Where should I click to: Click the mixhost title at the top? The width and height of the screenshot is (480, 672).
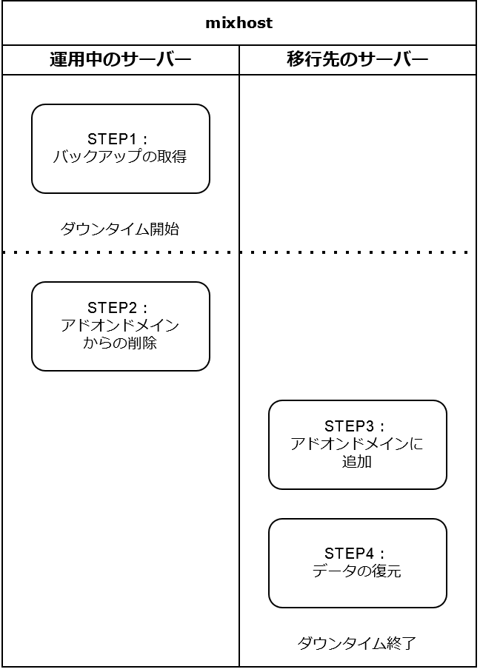pos(239,23)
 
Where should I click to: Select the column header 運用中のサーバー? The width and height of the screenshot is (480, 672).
pos(120,60)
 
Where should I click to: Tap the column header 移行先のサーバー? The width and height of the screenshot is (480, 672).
pos(357,60)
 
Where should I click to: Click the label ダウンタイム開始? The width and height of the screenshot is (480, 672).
pos(120,229)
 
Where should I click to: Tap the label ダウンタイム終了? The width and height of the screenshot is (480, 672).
pos(357,643)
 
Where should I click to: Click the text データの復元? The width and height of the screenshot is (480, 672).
pos(357,571)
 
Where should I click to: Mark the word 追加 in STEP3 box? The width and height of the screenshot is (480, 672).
pos(357,462)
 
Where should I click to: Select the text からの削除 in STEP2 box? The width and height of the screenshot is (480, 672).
pos(120,343)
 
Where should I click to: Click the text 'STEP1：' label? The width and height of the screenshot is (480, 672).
pos(119,139)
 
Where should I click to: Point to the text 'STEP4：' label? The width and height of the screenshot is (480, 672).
pos(356,553)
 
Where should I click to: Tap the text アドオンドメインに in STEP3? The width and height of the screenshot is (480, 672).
pos(357,444)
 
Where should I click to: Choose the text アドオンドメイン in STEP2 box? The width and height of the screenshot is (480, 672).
pos(120,326)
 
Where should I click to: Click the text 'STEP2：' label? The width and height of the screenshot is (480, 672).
pos(119,308)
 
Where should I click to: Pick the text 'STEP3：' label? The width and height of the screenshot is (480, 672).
pos(356,426)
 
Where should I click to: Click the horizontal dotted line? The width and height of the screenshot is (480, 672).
pos(239,252)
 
